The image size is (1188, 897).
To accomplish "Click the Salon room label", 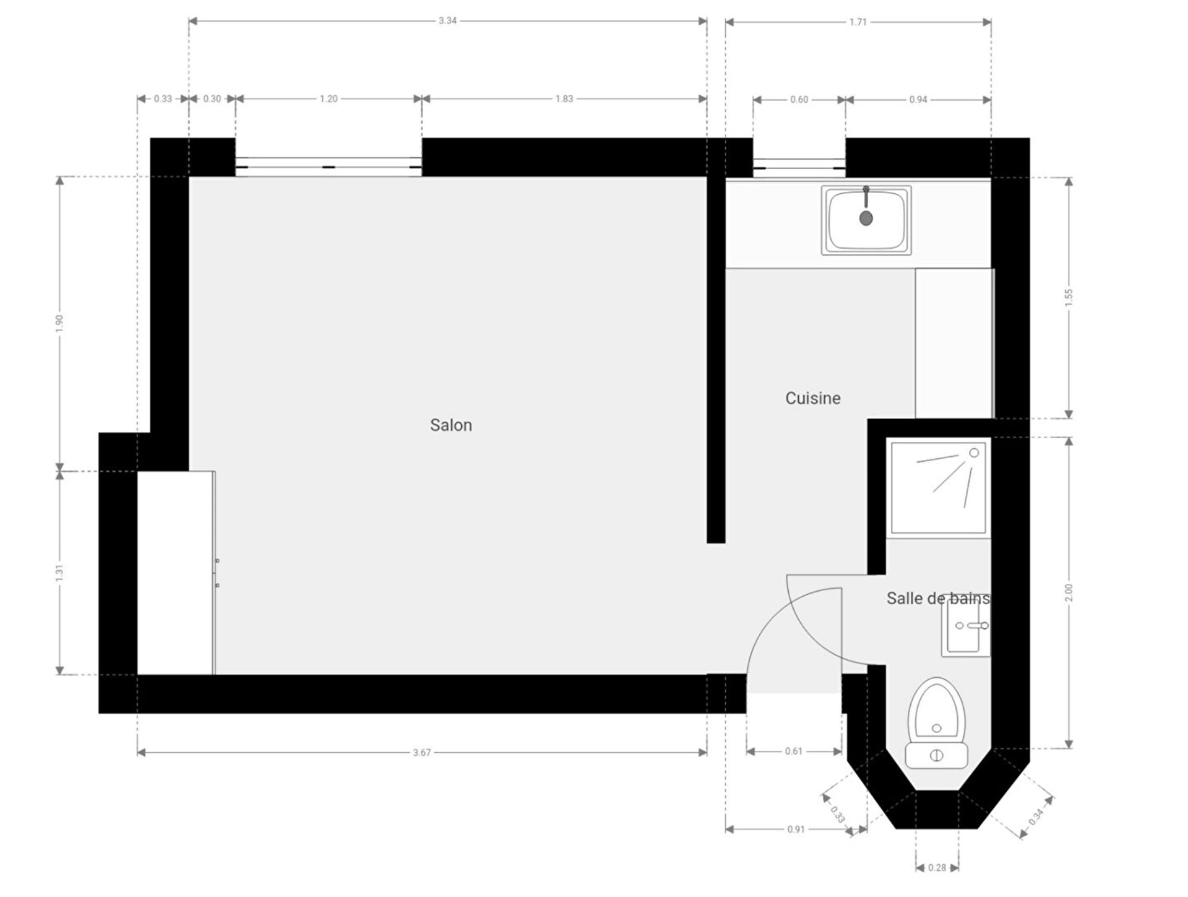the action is coord(450,425).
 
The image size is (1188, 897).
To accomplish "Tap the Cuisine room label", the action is coord(812,398).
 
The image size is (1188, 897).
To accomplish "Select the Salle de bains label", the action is coord(938,598).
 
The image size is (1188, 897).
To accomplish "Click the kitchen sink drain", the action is coord(866,218).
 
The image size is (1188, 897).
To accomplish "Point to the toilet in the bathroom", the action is coord(936,723).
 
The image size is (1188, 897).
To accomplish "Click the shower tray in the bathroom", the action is coord(938,487).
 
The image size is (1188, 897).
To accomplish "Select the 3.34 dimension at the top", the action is coord(447,20).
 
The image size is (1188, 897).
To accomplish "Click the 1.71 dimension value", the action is coord(858,22).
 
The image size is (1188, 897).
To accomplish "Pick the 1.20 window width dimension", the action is coord(329,98).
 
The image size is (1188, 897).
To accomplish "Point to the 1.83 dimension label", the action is coord(564,98).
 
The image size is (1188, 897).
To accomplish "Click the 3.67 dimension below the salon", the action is coord(421,752).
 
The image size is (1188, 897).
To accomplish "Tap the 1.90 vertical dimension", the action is coord(59,323).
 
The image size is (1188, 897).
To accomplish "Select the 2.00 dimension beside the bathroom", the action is coord(1069,592).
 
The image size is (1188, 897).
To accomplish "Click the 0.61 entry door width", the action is coord(793,751).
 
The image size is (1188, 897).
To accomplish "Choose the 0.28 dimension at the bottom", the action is coord(937,867).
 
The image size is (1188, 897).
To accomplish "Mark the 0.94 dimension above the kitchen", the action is coord(918,99).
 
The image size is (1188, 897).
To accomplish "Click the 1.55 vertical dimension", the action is coord(1069,297).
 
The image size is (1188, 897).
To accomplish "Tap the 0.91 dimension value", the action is coord(796,829).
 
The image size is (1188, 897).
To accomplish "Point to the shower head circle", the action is coord(974,453).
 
